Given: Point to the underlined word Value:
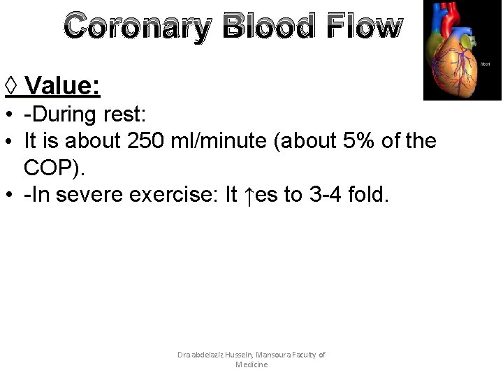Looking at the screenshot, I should click(x=64, y=87).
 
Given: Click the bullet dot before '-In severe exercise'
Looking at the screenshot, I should click(x=10, y=196).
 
